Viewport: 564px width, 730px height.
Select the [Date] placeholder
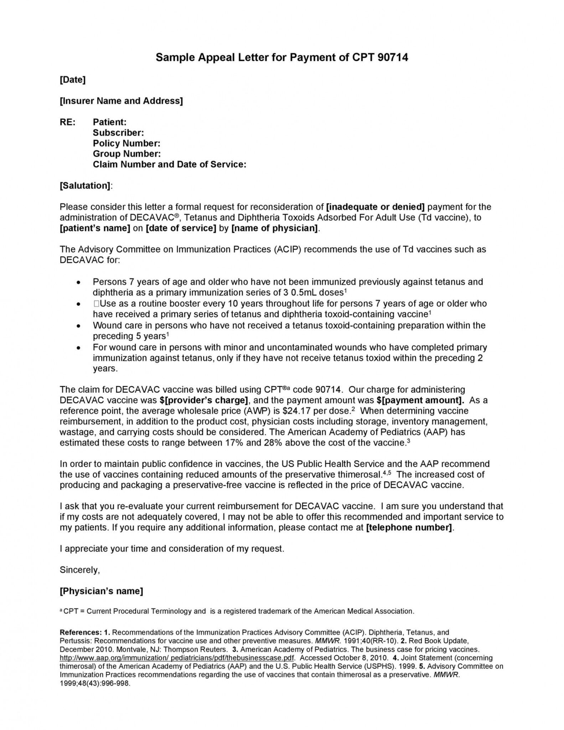click(x=73, y=79)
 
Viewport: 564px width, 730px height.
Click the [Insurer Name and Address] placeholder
click(x=121, y=101)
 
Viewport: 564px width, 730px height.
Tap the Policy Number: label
click(x=126, y=143)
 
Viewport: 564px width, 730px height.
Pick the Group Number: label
click(x=127, y=154)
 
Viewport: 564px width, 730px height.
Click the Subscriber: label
click(x=118, y=133)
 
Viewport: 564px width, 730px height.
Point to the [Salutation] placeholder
click(x=85, y=185)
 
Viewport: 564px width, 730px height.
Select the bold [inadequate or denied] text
click(x=375, y=207)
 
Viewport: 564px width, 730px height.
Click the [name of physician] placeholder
click(x=275, y=228)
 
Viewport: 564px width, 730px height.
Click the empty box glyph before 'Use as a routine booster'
click(x=96, y=304)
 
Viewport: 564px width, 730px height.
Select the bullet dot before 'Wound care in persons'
click(x=78, y=326)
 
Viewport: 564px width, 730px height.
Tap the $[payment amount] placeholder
click(x=420, y=400)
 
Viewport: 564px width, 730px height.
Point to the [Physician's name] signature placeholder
click(x=101, y=591)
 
